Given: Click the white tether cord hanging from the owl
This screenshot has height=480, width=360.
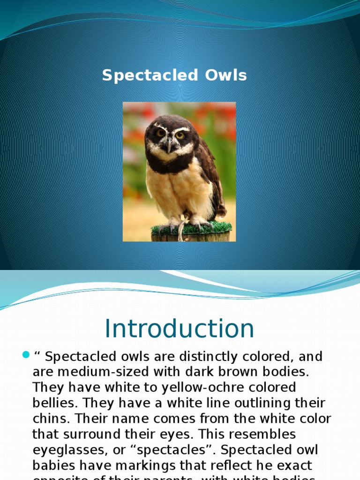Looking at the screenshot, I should tap(181, 230).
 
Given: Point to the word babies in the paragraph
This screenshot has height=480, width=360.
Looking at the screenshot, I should tap(52, 465).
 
